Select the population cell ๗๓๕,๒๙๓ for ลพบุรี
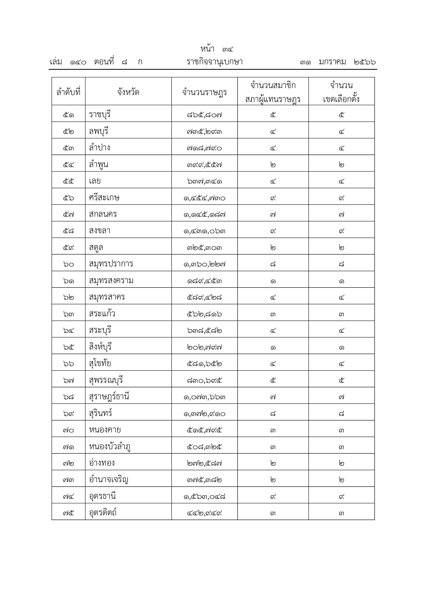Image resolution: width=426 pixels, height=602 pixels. (204, 131)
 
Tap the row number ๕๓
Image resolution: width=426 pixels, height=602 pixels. (69, 148)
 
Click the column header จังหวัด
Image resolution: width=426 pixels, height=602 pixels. (128, 92)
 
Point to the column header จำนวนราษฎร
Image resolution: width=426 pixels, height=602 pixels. (204, 92)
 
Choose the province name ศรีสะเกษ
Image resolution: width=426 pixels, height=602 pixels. (104, 197)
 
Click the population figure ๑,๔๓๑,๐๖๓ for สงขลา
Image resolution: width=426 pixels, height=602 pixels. (204, 231)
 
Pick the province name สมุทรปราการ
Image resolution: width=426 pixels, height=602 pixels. (111, 264)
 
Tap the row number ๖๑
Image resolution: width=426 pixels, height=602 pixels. (69, 281)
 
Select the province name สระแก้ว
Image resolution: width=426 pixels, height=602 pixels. (102, 313)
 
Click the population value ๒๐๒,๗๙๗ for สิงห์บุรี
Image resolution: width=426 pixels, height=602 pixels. (204, 347)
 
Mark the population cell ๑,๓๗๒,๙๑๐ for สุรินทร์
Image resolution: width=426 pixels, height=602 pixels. (204, 414)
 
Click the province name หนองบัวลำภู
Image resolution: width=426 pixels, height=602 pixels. (110, 447)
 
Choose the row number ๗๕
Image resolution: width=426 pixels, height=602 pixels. (69, 513)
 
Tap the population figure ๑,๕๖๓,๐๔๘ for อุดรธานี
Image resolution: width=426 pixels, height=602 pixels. (204, 496)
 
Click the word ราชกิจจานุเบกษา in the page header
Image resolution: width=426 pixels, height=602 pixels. (214, 62)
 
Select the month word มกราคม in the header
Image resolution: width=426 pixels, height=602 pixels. (332, 62)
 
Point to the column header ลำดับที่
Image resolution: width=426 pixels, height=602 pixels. (69, 92)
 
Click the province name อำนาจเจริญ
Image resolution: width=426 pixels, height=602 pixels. (108, 479)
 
